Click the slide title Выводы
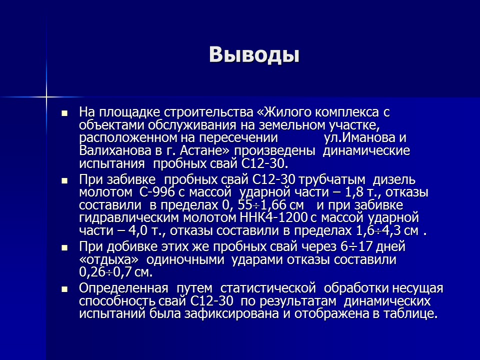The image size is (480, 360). [254, 54]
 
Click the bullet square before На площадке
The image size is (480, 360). [64, 113]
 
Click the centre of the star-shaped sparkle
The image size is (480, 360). [46, 95]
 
